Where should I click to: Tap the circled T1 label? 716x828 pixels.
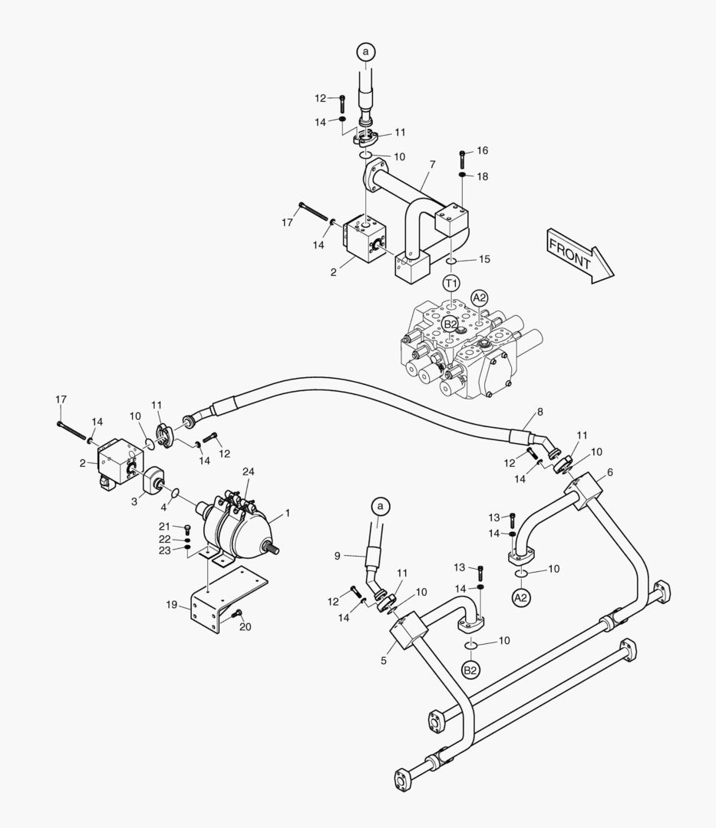coord(452,284)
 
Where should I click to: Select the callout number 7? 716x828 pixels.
coord(432,164)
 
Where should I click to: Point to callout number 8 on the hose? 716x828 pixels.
coord(539,412)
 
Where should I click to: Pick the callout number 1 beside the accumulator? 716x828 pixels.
coord(288,511)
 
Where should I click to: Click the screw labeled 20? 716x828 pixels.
coord(238,612)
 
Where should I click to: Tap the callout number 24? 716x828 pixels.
coord(248,471)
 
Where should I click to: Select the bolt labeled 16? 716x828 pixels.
coord(463,159)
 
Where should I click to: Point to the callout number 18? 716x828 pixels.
coord(482,176)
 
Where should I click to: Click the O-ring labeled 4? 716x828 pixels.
coord(175,493)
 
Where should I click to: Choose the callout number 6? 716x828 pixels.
coord(609,472)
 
